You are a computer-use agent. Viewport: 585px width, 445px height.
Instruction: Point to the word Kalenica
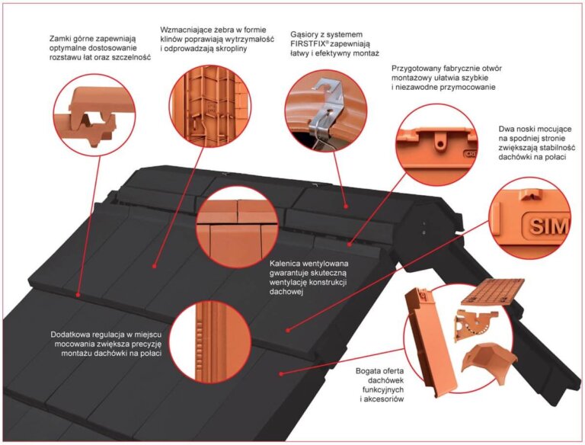pos(285,263)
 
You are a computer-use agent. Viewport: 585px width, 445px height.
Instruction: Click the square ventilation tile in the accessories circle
pos(493,292)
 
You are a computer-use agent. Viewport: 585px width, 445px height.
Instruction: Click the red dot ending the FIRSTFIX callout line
pos(347,206)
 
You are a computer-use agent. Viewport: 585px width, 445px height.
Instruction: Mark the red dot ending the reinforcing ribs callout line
pos(154,266)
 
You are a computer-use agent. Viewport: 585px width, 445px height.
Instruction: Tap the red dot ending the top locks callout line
pos(78,295)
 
